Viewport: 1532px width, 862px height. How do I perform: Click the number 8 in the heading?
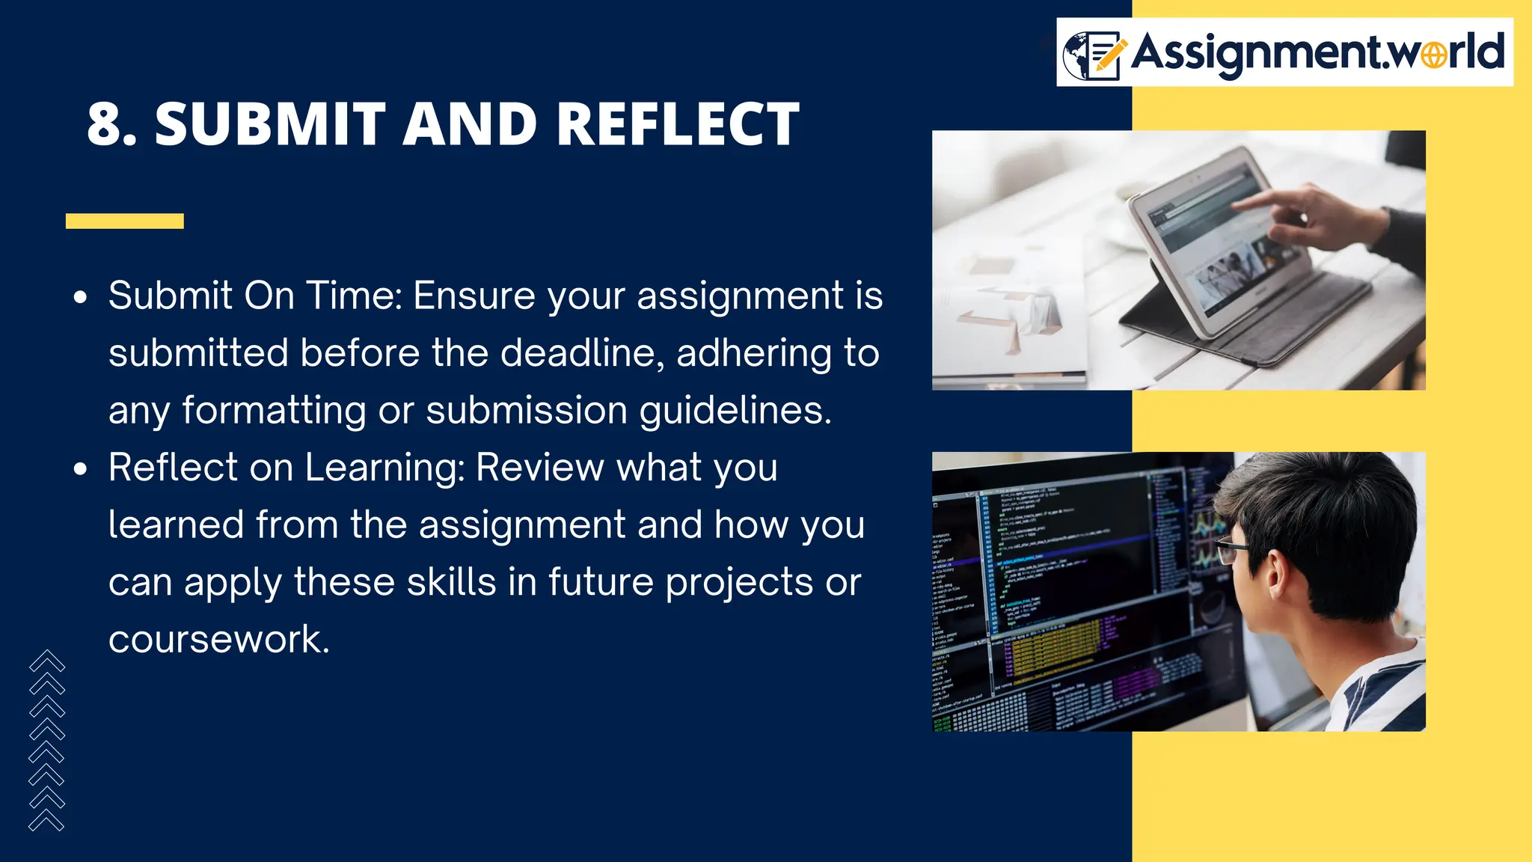111,124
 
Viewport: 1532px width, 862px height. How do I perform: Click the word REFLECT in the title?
678,124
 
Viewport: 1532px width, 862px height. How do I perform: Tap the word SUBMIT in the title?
270,124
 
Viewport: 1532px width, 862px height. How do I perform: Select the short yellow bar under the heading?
124,221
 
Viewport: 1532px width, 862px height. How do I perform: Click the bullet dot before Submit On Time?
81,298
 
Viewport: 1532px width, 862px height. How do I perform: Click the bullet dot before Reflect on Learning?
81,470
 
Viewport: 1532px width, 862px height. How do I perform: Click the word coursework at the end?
218,639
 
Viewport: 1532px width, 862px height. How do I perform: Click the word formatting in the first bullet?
275,411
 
